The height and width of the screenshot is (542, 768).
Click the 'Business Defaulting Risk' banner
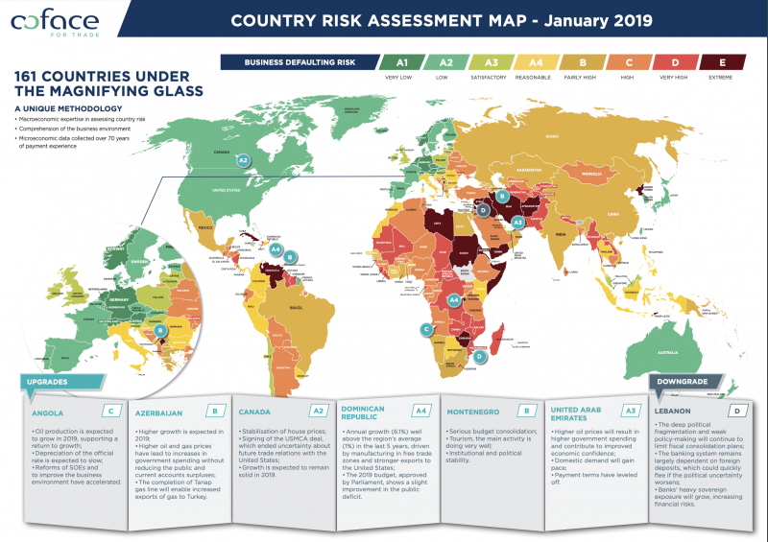(299, 63)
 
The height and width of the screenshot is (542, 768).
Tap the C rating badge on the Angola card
(112, 412)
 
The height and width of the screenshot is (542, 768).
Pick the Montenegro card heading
(476, 412)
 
